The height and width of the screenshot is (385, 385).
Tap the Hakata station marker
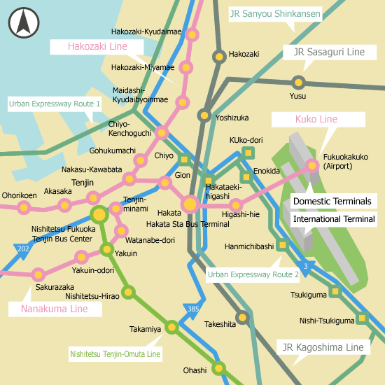[190, 204]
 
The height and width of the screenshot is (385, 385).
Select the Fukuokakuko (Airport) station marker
[312, 166]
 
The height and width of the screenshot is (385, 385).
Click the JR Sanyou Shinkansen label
[275, 13]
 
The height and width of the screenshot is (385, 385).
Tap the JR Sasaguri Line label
[329, 52]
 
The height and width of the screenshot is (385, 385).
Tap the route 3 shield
[305, 266]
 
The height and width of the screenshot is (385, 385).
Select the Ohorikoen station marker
[24, 207]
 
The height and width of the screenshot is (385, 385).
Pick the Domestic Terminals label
[332, 201]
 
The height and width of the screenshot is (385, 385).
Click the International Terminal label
[334, 219]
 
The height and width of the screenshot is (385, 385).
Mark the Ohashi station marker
[219, 367]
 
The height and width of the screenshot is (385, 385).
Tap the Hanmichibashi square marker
[282, 245]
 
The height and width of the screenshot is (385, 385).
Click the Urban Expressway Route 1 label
[55, 104]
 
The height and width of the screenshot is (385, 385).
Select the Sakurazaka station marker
[38, 274]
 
